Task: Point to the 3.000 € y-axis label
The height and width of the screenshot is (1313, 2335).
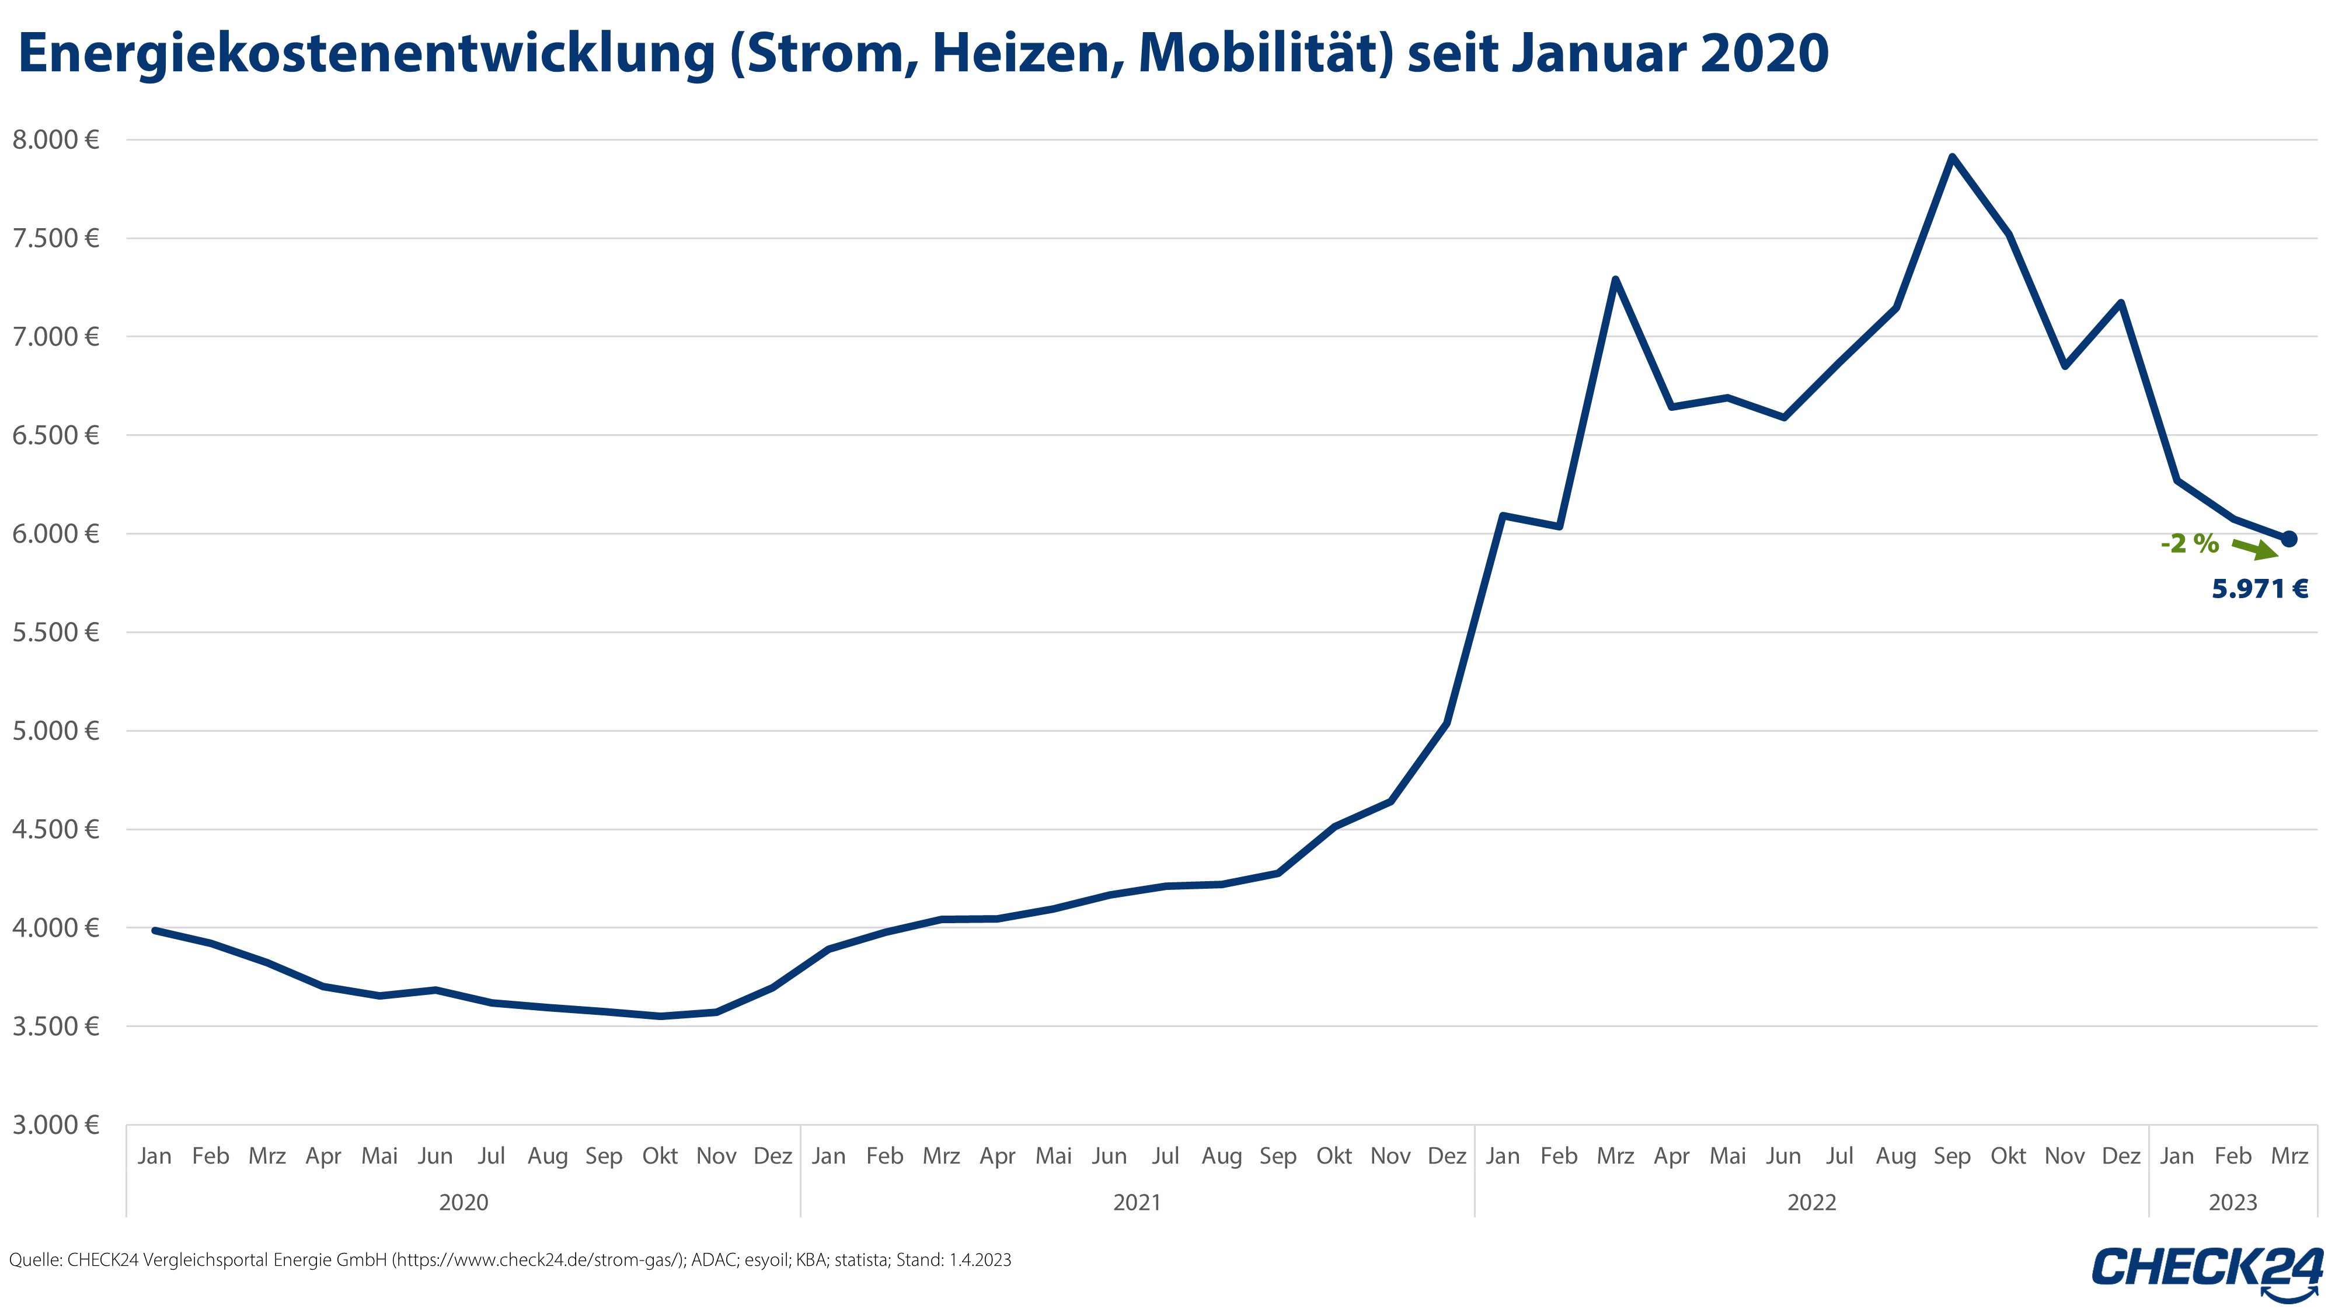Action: point(54,1126)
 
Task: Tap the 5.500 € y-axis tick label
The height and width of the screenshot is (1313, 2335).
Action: point(54,633)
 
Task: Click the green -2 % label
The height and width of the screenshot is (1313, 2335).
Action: point(2189,544)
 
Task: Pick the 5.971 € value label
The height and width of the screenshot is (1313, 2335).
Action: point(2260,589)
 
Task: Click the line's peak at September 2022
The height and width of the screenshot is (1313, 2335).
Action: point(1951,157)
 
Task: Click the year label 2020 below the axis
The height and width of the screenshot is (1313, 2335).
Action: point(463,1203)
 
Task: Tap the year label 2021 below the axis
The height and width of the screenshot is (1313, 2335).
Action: point(1137,1203)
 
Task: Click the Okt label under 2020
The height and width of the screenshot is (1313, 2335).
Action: point(660,1156)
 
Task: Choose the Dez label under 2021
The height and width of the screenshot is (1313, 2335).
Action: point(1447,1156)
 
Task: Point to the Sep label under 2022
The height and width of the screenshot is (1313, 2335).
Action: point(1951,1156)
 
